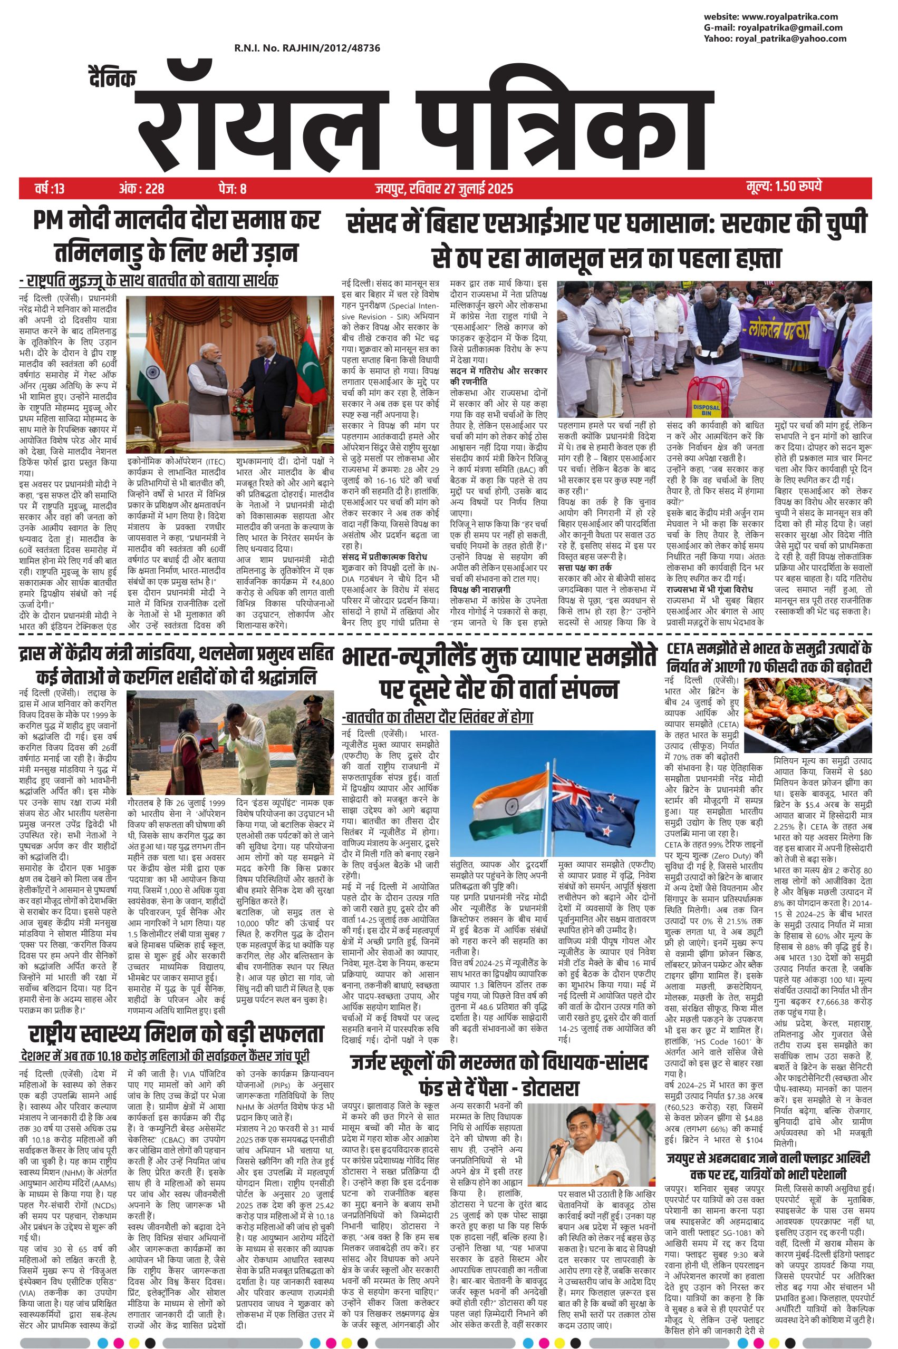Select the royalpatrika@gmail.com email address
(790, 27)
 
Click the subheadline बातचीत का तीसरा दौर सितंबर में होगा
(437, 718)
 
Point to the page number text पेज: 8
(231, 188)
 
